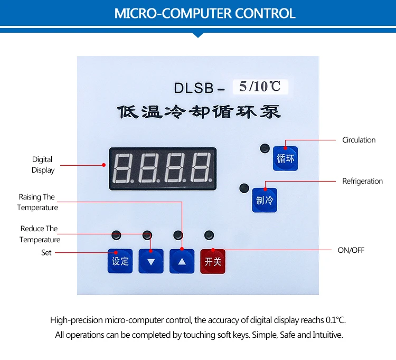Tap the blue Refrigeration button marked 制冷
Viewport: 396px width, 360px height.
[265, 200]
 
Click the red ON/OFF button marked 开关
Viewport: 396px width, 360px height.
[212, 261]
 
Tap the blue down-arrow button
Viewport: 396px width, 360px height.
[151, 261]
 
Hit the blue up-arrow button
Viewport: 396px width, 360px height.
[182, 261]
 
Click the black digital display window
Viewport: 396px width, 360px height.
[163, 168]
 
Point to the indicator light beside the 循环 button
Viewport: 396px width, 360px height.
[263, 148]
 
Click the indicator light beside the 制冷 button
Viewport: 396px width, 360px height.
[243, 187]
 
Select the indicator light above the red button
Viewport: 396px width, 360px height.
[209, 234]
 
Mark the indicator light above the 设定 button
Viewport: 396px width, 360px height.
[116, 234]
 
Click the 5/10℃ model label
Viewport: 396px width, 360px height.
[260, 86]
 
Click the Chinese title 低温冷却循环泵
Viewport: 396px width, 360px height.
[199, 112]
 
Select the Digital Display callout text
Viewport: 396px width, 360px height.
[43, 165]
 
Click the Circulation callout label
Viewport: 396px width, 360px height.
[359, 140]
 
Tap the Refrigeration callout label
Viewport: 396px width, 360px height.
[362, 181]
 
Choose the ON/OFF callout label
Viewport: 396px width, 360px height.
[351, 250]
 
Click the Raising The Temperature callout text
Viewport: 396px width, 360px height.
[37, 202]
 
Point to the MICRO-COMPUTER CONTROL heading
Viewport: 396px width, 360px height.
[197, 13]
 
